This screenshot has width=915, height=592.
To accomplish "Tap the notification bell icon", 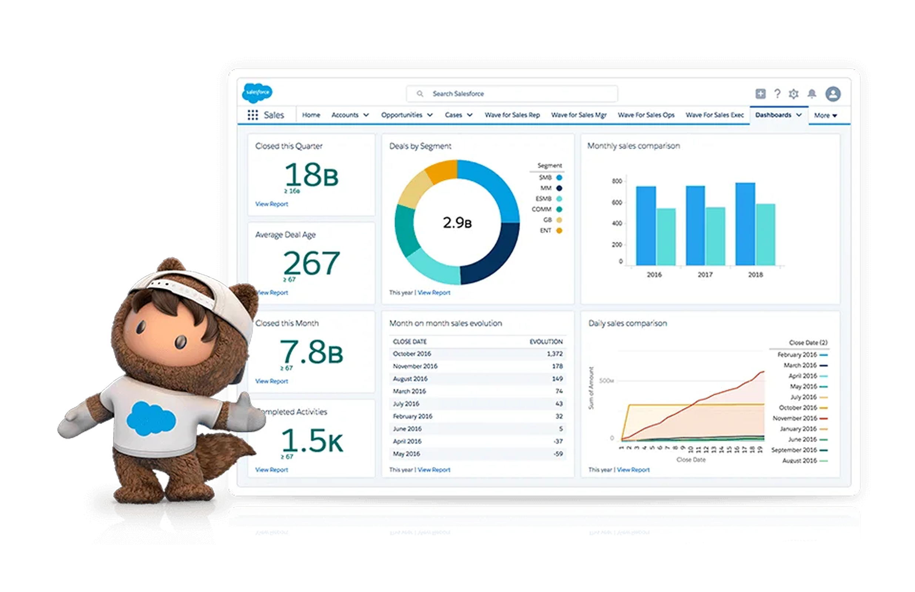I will [812, 94].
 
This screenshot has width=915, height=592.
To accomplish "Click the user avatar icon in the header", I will [833, 94].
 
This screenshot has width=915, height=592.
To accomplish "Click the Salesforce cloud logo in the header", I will [257, 93].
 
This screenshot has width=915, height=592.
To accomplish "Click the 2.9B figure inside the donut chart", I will [457, 223].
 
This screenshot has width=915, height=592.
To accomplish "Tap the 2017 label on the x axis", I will [705, 274].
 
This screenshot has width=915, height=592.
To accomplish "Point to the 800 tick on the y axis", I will [617, 181].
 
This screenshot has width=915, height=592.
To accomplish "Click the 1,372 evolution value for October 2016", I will [554, 354].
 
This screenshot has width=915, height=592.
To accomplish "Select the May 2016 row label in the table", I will [406, 454].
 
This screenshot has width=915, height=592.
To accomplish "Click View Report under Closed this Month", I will [271, 381].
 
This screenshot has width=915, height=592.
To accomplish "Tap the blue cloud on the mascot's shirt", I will [151, 419].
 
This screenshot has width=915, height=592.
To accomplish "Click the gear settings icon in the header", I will [794, 94].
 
